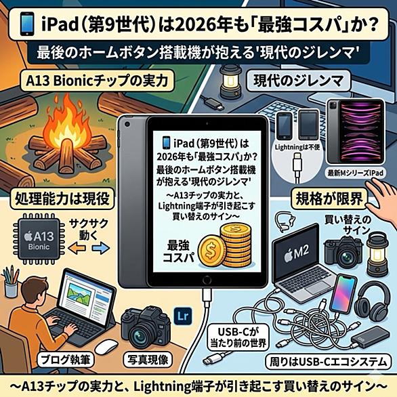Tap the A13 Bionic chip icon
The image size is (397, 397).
pos(39,238)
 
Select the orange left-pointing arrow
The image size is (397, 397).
pos(77,248)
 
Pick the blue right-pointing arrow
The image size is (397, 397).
pos(100,248)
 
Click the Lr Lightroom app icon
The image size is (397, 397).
pos(183,316)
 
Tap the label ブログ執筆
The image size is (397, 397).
pos(65,360)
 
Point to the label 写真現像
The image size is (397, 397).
pos(148,360)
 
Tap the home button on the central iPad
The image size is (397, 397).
pos(207,280)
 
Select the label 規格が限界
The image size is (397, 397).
pos(329,199)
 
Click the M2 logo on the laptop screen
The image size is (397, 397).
pos(297,253)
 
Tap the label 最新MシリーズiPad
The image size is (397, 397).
pos(356,173)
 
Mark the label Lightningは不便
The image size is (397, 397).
pos(297,147)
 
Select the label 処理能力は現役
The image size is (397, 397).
pos(62,199)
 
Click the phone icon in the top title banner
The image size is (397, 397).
pos(27,24)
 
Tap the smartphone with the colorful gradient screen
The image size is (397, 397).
pos(343,295)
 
